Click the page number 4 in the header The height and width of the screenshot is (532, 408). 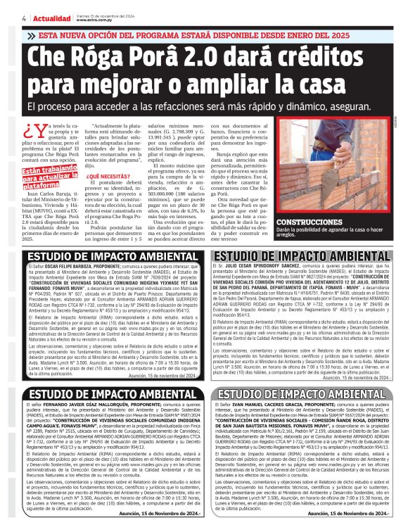point(25,17)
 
